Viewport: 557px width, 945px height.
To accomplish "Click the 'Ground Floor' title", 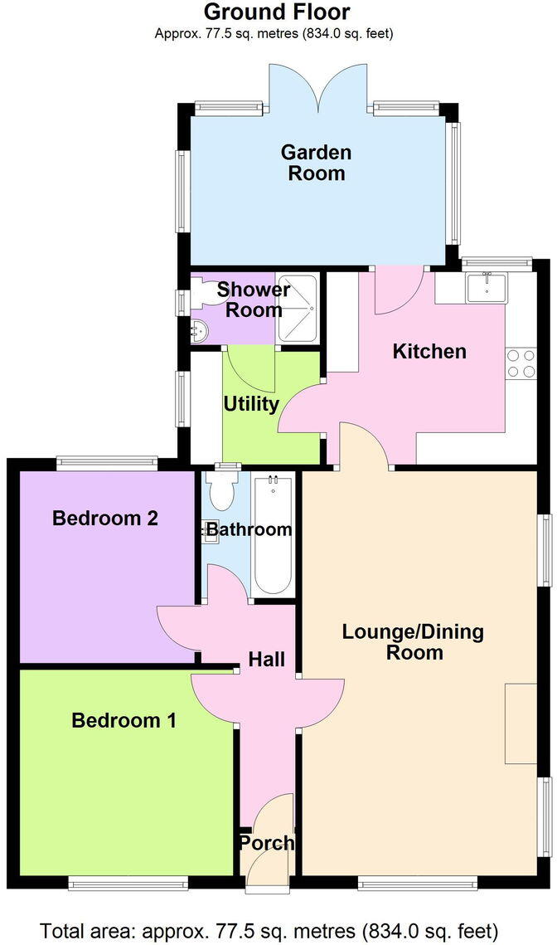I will coord(277,12).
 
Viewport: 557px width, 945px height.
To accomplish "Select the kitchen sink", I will coord(485,287).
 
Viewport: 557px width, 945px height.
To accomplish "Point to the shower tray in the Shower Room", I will coord(297,308).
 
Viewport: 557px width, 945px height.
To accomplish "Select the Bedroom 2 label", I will coord(105,519).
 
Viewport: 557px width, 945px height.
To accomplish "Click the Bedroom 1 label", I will coord(124,720).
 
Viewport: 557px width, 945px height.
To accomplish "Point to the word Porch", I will coord(266,843).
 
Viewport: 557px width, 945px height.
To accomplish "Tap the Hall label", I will coord(267,660).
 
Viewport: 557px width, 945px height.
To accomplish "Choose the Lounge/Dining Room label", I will coord(413,642).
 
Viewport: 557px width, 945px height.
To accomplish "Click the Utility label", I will coord(251,404).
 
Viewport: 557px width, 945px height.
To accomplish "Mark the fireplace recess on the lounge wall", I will coord(521,723).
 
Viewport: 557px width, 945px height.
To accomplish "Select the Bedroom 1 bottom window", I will coord(128,884).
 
